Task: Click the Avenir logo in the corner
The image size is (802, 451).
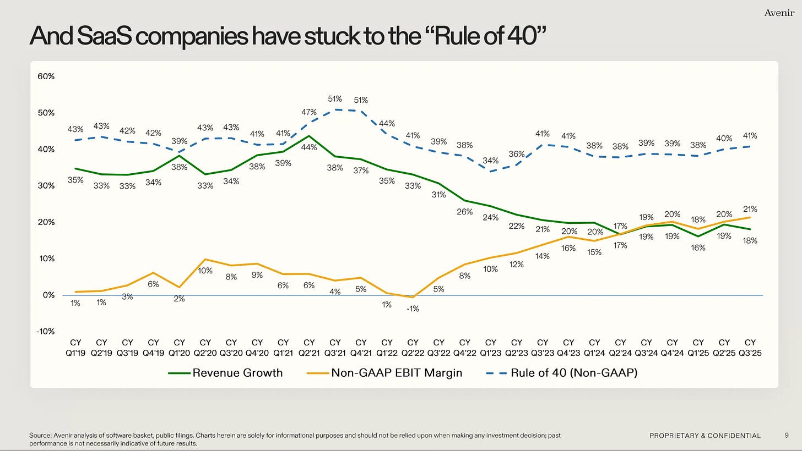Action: (779, 13)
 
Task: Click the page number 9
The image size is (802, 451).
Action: (787, 435)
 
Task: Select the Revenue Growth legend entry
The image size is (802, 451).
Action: (225, 373)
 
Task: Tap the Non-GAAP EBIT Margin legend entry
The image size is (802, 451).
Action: (384, 373)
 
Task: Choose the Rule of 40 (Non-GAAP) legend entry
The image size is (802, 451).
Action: (562, 373)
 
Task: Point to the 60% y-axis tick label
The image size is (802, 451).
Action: (46, 76)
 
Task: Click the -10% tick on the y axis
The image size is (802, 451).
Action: (46, 331)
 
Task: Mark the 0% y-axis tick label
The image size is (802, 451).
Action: (48, 295)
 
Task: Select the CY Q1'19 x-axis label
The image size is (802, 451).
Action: (75, 348)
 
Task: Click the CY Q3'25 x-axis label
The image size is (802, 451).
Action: (750, 348)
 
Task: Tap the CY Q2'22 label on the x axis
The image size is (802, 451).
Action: (413, 348)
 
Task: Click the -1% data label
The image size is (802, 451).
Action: (413, 309)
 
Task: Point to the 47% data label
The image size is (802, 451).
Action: (309, 112)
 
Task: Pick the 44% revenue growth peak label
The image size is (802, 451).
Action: (309, 147)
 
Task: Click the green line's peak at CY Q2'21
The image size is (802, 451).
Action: (309, 136)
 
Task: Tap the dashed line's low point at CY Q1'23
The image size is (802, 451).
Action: (490, 171)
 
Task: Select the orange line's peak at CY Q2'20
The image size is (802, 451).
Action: (205, 259)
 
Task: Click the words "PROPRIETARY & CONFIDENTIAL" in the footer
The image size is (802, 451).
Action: (705, 436)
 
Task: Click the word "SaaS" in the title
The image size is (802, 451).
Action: (104, 36)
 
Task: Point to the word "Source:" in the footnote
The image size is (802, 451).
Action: (40, 435)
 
